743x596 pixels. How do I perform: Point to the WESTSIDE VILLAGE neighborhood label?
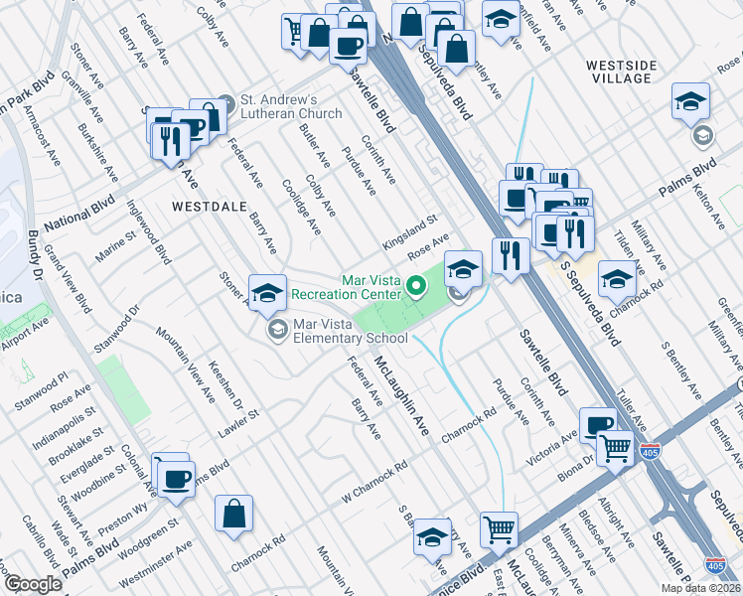point(621,72)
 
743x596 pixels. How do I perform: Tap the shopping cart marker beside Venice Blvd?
point(499,528)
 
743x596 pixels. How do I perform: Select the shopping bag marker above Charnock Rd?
point(233,514)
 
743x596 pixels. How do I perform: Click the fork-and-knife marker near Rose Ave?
point(510,256)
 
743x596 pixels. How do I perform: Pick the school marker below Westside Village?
point(689,101)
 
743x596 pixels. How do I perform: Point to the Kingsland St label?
point(409,231)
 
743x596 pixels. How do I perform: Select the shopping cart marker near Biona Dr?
point(616,447)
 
